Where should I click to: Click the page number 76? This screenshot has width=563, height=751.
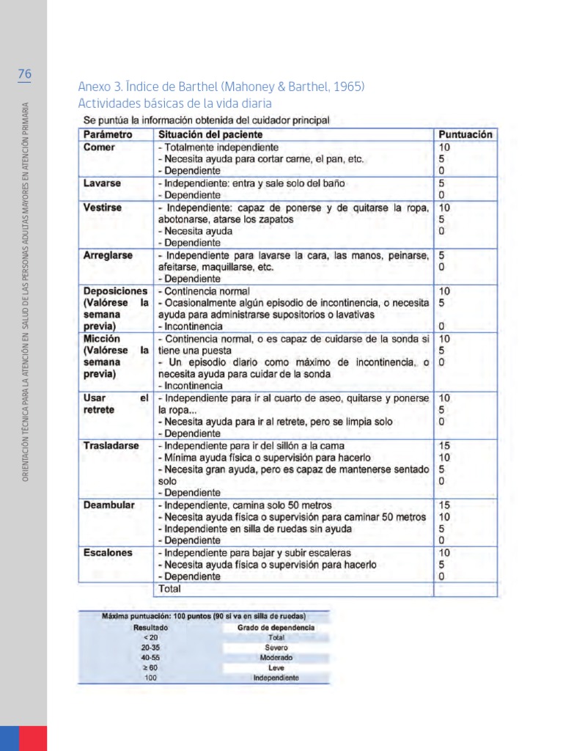[24, 74]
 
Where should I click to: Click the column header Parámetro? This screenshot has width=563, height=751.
[108, 135]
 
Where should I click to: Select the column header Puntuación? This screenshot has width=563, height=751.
[465, 135]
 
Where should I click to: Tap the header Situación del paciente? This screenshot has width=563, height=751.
[210, 135]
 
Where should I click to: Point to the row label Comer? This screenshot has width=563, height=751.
[99, 147]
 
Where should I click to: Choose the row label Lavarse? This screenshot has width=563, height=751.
[103, 183]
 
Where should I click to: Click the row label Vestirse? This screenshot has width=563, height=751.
[103, 208]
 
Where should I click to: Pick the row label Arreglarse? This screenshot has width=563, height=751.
[108, 255]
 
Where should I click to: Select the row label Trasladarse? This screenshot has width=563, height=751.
[111, 446]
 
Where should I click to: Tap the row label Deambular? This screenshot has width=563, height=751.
[109, 505]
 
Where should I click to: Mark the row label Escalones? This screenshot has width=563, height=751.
[108, 553]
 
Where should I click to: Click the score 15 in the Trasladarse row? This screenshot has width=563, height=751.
[444, 446]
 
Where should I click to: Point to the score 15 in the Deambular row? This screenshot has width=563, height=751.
[444, 505]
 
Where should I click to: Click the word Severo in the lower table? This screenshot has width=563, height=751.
[276, 648]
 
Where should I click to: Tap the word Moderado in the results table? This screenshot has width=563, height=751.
[276, 658]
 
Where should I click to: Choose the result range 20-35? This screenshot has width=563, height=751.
[151, 648]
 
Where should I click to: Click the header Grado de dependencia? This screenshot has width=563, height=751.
[276, 628]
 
